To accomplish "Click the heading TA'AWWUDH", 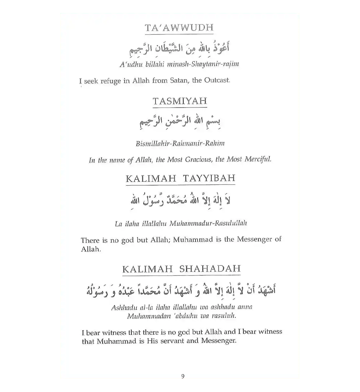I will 179,28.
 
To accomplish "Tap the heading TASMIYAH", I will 180,101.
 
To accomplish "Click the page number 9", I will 183,376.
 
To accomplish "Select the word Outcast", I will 217,80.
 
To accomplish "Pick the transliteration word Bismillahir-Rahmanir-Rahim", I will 180,143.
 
